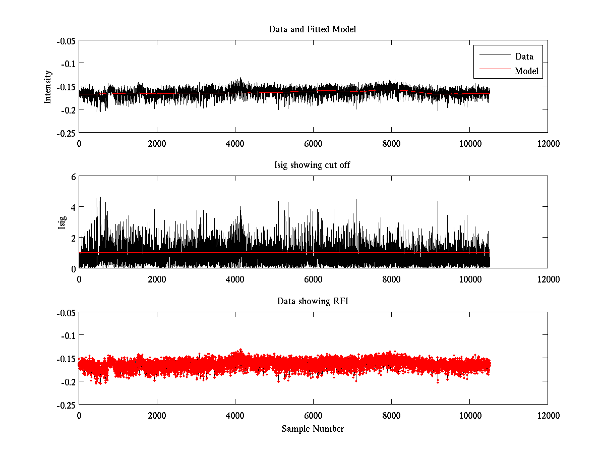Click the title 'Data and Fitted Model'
[313, 29]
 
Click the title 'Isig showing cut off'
[313, 165]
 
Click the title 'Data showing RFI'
[313, 301]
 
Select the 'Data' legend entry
[524, 56]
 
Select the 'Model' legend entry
[527, 71]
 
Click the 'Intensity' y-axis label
[48, 86]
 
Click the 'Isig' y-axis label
[62, 222]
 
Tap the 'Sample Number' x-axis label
[313, 429]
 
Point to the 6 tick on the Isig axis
[73, 177]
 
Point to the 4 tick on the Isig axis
[73, 207]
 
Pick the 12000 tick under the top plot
[548, 143]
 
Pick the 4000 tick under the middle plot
[235, 279]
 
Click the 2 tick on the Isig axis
[73, 238]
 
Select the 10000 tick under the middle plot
[469, 279]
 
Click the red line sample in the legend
[493, 71]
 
